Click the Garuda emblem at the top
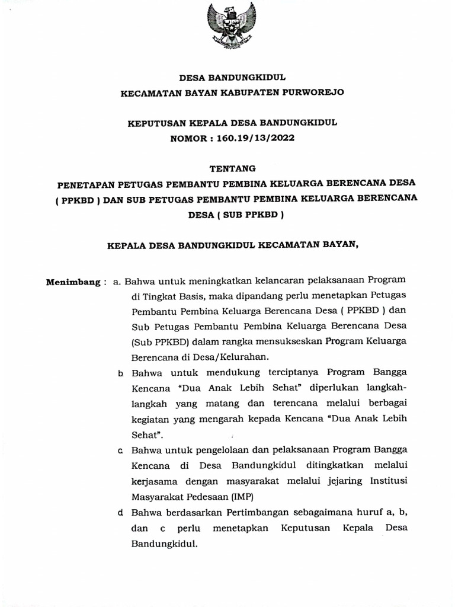230,27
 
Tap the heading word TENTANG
231,168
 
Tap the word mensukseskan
284,342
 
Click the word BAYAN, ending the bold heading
342,245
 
